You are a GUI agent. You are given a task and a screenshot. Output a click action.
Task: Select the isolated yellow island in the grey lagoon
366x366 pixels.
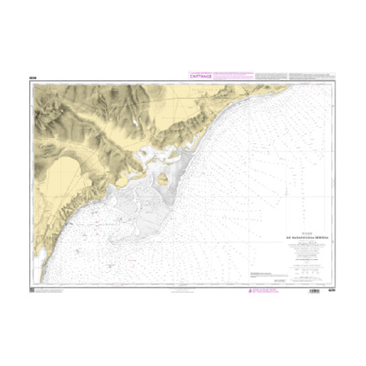pos(163,180)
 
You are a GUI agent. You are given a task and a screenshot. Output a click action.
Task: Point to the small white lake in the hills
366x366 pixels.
pos(130,123)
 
